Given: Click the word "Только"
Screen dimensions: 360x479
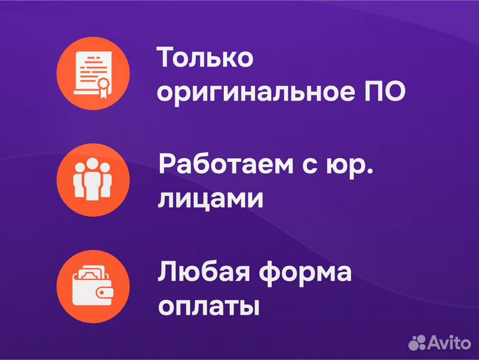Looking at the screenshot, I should pos(205,58).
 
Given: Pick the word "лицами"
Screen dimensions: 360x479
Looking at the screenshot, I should pos(210,199).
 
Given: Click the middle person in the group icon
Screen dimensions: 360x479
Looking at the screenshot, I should pos(93,177).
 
